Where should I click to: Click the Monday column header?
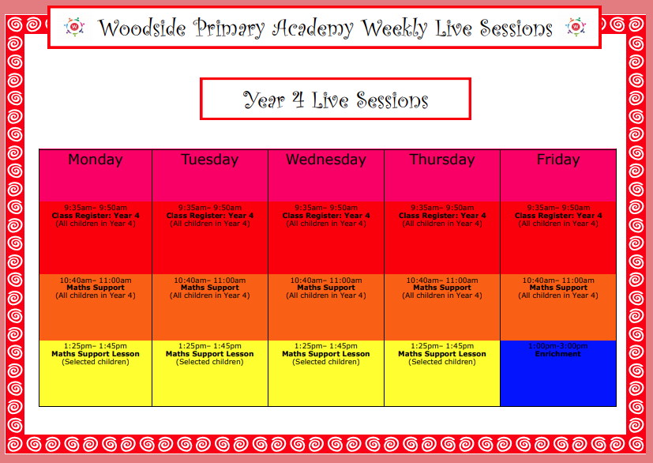96,160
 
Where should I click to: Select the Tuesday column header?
209,160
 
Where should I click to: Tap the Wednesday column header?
325,160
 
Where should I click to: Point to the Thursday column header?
442,160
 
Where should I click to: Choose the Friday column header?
558,160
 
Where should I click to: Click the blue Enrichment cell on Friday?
558,374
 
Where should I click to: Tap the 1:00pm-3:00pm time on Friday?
558,346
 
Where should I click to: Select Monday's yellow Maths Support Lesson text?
96,354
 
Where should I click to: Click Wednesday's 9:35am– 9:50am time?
325,208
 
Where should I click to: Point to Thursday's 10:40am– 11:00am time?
442,280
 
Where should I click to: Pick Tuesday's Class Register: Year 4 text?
209,216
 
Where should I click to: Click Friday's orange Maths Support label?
558,288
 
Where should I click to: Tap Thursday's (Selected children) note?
442,362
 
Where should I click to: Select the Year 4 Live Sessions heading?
336,100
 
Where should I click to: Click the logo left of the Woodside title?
74,27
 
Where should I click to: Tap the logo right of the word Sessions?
576,27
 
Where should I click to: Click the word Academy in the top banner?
313,28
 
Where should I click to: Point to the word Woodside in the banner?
142,28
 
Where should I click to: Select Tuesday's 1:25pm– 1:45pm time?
209,346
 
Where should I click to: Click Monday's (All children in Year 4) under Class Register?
96,224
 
